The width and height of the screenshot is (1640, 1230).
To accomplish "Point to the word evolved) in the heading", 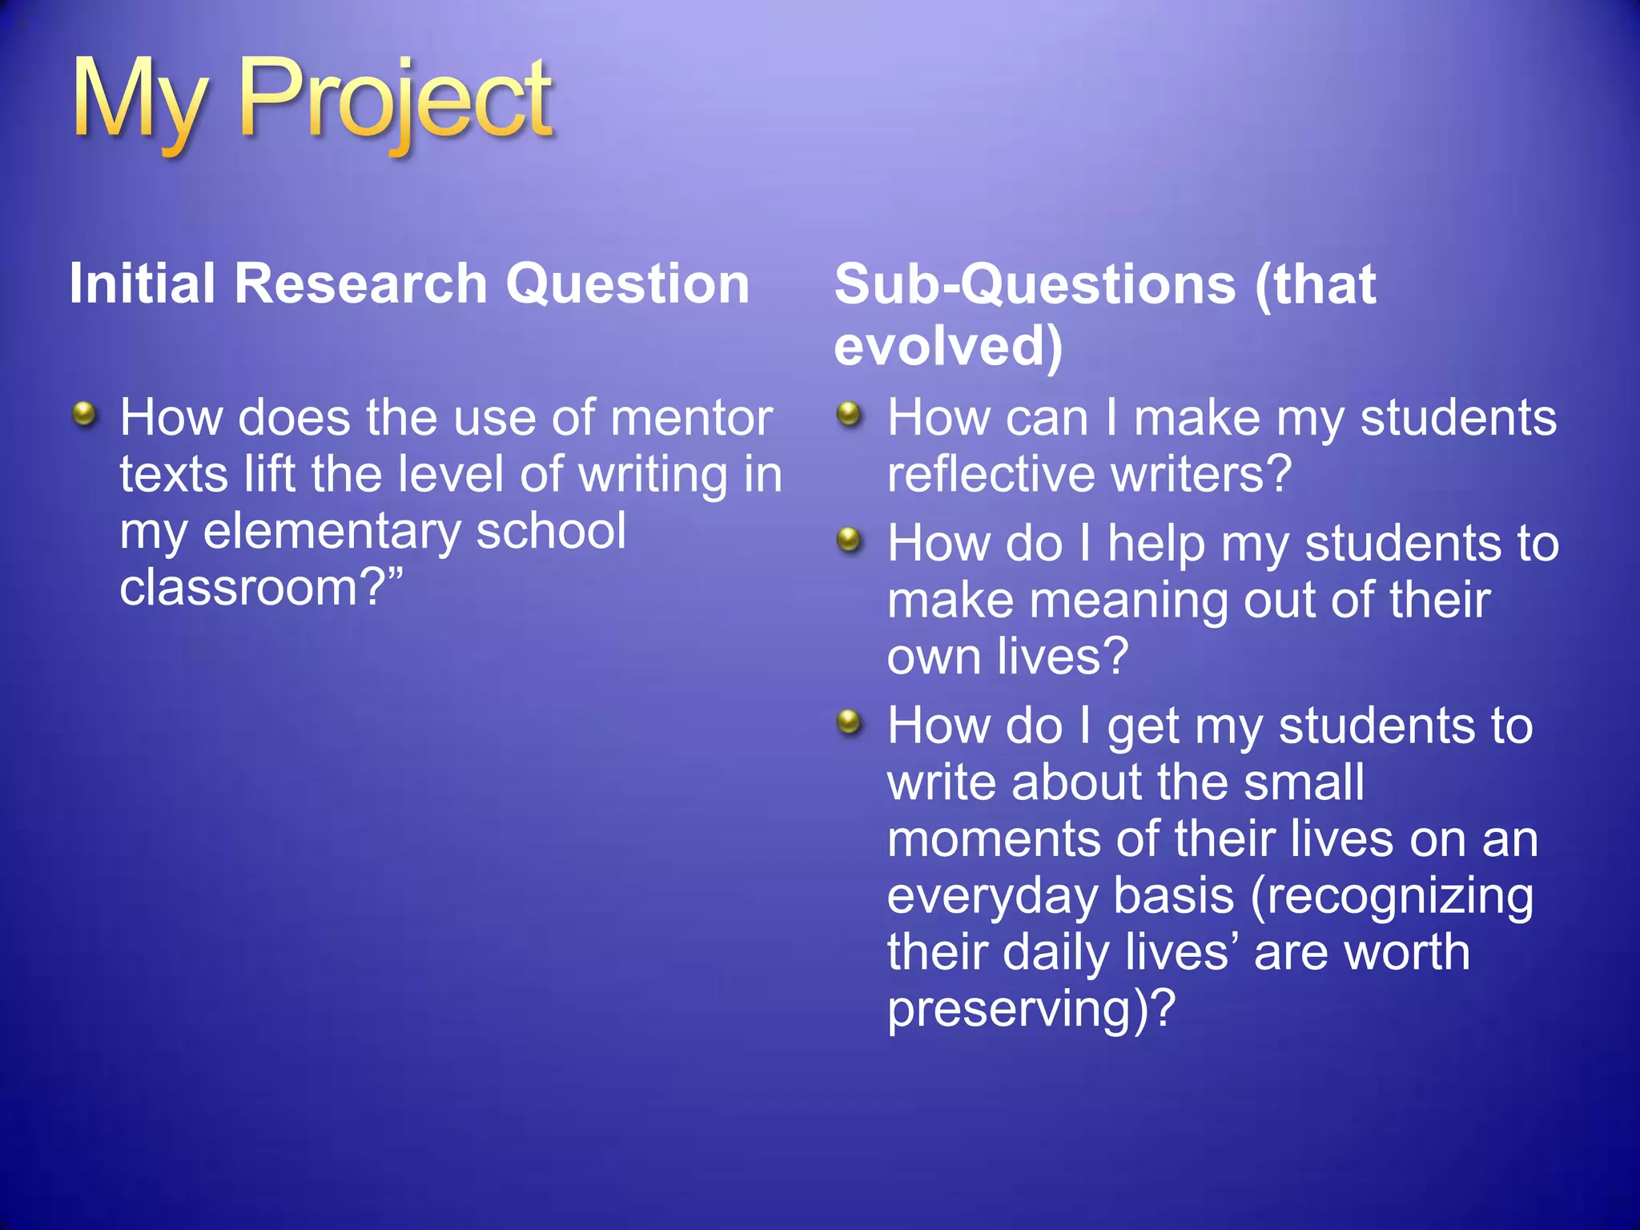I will tap(948, 346).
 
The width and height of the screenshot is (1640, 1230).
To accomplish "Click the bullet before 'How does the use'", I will tap(83, 414).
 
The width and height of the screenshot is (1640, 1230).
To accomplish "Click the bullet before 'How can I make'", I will tap(848, 414).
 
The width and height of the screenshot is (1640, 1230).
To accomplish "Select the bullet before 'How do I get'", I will tap(848, 722).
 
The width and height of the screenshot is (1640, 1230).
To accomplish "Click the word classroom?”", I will tap(261, 588).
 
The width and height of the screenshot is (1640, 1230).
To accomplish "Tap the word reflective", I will tap(991, 474).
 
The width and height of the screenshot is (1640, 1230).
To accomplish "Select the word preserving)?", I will tap(1031, 1008).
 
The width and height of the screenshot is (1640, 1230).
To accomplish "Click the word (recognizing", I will tap(1392, 896).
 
